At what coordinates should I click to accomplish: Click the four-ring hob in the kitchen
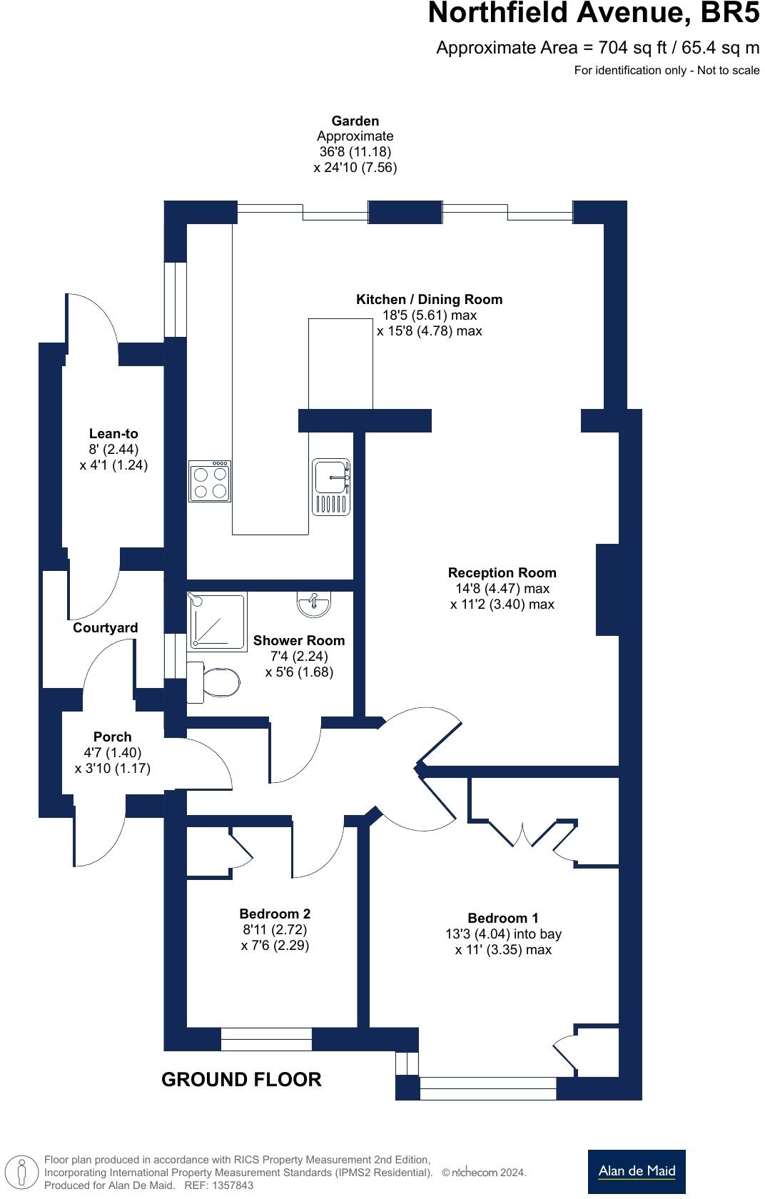[x=210, y=482]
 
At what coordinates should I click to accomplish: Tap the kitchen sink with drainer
[x=331, y=486]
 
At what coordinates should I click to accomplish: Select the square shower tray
[x=216, y=621]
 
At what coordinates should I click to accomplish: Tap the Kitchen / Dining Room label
[x=429, y=299]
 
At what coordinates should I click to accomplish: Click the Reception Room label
[x=502, y=572]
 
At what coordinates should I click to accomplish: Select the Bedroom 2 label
[x=275, y=914]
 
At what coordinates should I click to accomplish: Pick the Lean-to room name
[x=113, y=433]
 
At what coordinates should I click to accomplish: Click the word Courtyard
[x=106, y=628]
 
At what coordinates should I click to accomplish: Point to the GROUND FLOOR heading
[x=241, y=1079]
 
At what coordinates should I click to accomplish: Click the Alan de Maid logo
[x=636, y=1171]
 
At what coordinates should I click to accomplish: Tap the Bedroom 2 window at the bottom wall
[x=266, y=1039]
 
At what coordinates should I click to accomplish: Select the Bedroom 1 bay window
[x=487, y=1088]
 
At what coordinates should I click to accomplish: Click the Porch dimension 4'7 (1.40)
[x=112, y=752]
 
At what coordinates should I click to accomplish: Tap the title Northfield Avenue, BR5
[x=593, y=14]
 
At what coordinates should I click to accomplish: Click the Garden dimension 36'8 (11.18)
[x=355, y=151]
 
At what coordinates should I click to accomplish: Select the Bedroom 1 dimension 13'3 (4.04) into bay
[x=503, y=934]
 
